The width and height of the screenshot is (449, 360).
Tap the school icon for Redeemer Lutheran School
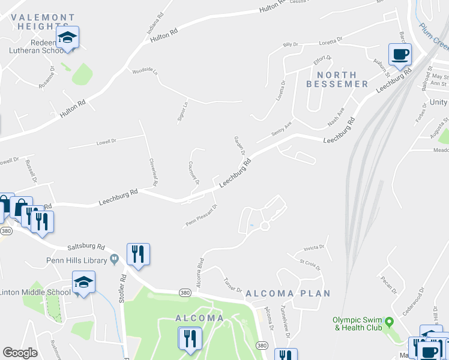[68, 38]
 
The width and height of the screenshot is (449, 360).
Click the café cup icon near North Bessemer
[400, 55]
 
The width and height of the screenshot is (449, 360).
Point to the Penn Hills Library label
[77, 260]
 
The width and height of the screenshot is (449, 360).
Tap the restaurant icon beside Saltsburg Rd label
[138, 254]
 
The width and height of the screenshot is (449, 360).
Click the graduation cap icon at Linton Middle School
[83, 282]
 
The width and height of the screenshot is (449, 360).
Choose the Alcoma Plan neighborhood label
[288, 293]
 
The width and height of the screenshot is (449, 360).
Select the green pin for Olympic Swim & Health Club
[388, 323]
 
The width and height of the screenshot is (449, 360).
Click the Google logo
[20, 353]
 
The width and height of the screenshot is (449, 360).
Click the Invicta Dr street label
[313, 247]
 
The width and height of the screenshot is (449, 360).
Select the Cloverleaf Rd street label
[154, 172]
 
